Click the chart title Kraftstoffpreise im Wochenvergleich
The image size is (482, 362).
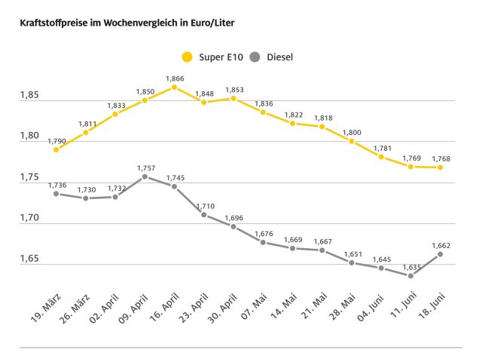tap(120, 23)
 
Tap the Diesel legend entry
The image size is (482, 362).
tap(271, 57)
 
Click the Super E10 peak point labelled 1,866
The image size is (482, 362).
tap(174, 87)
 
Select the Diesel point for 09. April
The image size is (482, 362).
tap(145, 176)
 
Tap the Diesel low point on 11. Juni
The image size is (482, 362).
tap(410, 275)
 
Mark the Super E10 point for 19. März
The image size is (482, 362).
tap(56, 149)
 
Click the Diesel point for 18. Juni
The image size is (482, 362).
tap(440, 254)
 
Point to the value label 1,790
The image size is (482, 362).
tap(57, 140)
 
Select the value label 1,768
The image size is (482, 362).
tap(441, 158)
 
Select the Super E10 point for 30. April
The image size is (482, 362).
tap(233, 98)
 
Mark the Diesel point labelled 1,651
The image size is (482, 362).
tap(352, 262)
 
